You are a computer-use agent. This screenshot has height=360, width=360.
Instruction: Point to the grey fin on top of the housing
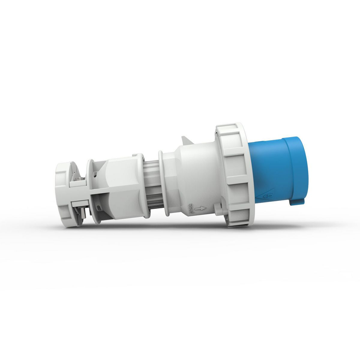186,142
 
